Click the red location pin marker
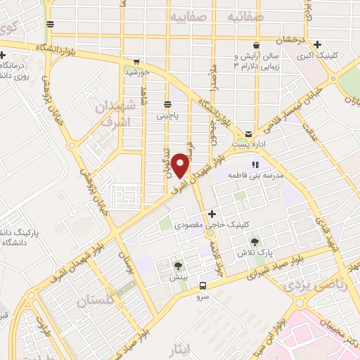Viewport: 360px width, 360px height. pyautogui.click(x=181, y=164)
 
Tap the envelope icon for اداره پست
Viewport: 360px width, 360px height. pyautogui.click(x=248, y=134)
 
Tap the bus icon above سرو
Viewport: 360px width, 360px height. pyautogui.click(x=202, y=285)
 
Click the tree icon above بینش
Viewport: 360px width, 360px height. pyautogui.click(x=177, y=266)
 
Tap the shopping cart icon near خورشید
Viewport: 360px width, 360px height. pyautogui.click(x=136, y=61)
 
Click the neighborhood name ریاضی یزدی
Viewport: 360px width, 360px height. pyautogui.click(x=307, y=288)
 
